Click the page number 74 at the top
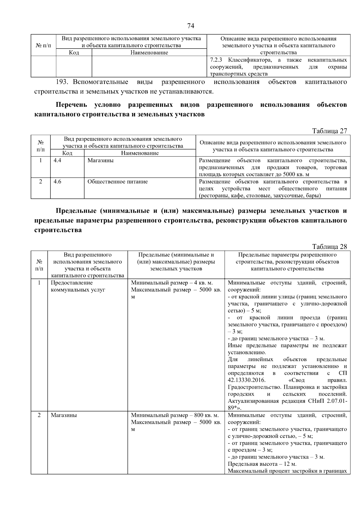(x=190, y=26)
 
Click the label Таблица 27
(x=329, y=131)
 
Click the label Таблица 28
(x=329, y=247)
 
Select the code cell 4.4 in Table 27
(x=58, y=160)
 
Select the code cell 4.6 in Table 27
(x=58, y=182)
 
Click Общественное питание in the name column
(x=118, y=182)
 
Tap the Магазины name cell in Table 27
(x=100, y=160)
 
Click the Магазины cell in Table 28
(x=64, y=415)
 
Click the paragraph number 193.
(x=63, y=82)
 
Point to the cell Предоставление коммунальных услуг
(x=78, y=286)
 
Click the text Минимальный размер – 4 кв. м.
(x=172, y=283)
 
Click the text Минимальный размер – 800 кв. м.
(x=175, y=415)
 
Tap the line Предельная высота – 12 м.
(x=258, y=464)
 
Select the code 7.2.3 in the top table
(x=216, y=60)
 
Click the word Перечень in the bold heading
(x=71, y=105)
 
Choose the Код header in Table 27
(x=67, y=153)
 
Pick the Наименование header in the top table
(x=149, y=53)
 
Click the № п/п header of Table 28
(x=39, y=265)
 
